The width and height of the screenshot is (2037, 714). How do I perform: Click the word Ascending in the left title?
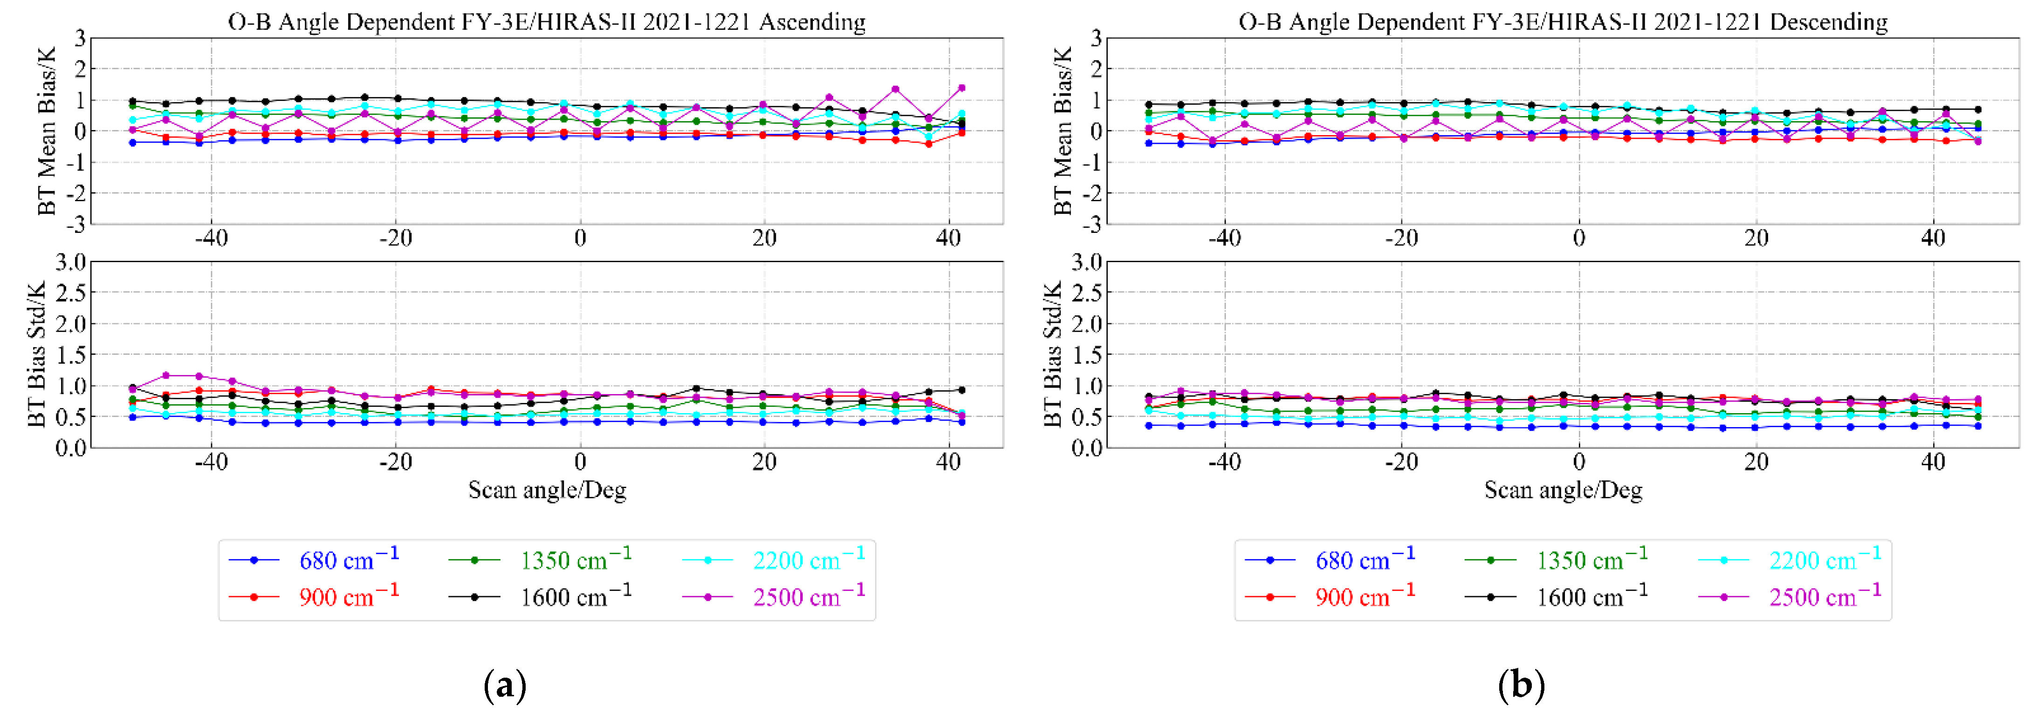click(812, 22)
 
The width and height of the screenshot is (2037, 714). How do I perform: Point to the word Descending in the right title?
click(1828, 22)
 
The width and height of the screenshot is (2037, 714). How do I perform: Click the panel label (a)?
click(505, 685)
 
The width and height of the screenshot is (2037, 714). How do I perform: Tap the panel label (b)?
click(1521, 685)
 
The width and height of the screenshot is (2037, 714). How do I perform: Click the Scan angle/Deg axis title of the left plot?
click(547, 490)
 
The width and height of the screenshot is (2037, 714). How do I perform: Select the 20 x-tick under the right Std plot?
click(1756, 462)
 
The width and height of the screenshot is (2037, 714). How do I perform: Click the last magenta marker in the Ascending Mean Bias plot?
click(961, 88)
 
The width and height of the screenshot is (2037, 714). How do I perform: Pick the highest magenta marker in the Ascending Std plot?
click(166, 375)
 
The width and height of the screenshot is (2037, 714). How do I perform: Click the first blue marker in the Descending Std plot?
click(1149, 425)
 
